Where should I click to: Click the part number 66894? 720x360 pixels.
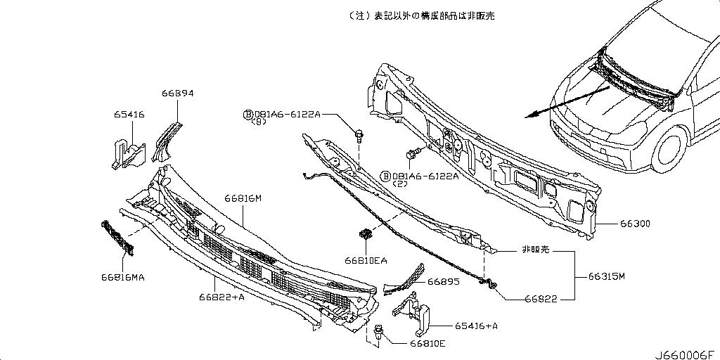[x=177, y=93]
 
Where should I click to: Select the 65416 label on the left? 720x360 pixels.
[x=129, y=114]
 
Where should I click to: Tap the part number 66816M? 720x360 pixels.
[x=243, y=198]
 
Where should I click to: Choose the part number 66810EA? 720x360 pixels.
[x=366, y=260]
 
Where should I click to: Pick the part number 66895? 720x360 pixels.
[x=445, y=281]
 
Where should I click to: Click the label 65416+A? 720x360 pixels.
[x=476, y=326]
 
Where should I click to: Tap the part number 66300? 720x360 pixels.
[x=635, y=224]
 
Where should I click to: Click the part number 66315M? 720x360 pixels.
[x=607, y=277]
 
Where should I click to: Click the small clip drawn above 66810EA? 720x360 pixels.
[x=365, y=234]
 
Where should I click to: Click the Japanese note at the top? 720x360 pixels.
[x=421, y=15]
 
